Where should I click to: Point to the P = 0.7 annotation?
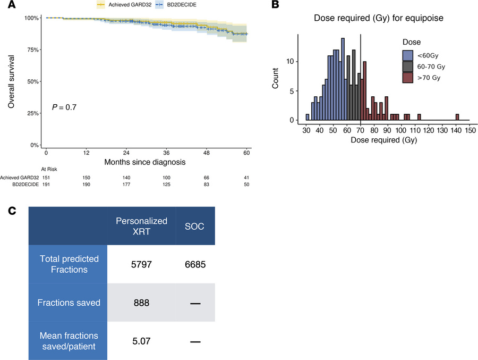[64, 107]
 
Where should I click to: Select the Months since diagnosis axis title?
[144, 162]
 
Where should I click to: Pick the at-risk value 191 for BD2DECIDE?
[46, 184]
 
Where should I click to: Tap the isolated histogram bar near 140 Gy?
[457, 117]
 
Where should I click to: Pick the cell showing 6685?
[195, 264]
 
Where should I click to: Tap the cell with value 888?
[141, 303]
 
